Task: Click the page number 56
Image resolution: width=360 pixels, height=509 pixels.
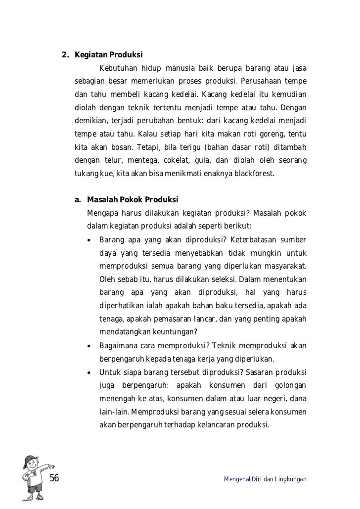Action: click(54, 477)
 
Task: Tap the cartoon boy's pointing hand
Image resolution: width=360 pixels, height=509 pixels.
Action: click(50, 466)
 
